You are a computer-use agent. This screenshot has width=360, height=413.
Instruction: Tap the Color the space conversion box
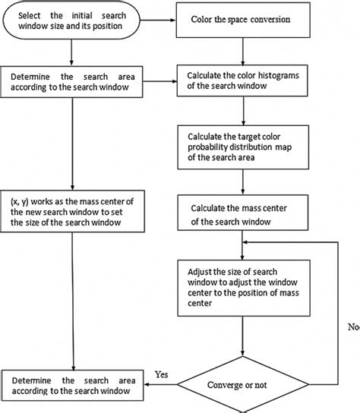(242, 17)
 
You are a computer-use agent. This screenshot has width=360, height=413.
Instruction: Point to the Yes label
(161, 374)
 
